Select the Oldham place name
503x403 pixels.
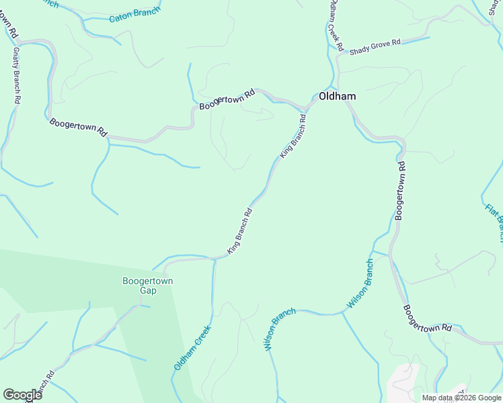[337, 96]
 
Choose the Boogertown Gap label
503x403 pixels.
[148, 285]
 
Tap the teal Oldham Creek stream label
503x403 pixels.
[192, 347]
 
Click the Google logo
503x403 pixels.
[22, 394]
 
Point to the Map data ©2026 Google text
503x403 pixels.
[462, 398]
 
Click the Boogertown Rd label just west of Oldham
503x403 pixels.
[228, 99]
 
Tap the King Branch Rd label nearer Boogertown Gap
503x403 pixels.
[239, 231]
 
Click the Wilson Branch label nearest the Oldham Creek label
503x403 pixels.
[280, 330]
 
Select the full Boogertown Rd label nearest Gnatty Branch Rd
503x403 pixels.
[78, 127]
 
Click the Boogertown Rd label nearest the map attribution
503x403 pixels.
[428, 318]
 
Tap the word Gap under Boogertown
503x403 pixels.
[148, 291]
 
